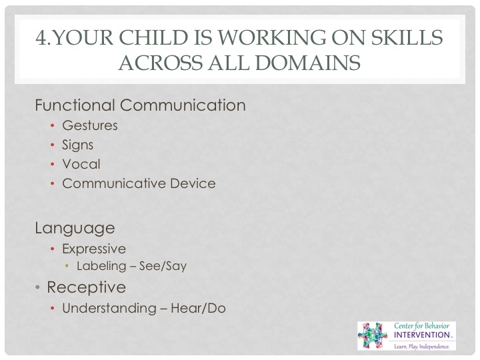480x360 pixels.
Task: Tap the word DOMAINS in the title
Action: pyautogui.click(x=307, y=63)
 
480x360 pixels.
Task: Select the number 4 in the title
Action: pyautogui.click(x=41, y=37)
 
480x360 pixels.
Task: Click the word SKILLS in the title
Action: pyautogui.click(x=407, y=37)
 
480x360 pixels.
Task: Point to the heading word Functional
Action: pyautogui.click(x=75, y=105)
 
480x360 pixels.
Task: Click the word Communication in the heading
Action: pyautogui.click(x=183, y=105)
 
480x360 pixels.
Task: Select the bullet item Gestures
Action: pyautogui.click(x=90, y=125)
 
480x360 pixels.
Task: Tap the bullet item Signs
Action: pyautogui.click(x=78, y=145)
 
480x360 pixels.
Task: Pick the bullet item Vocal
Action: pyautogui.click(x=81, y=164)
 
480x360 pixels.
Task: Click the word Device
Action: pyautogui.click(x=193, y=183)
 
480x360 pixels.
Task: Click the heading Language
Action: pyautogui.click(x=75, y=229)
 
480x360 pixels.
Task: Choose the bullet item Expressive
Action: pyautogui.click(x=94, y=249)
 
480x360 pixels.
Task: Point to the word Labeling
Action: pyautogui.click(x=101, y=266)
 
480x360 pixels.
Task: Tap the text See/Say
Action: pyautogui.click(x=163, y=266)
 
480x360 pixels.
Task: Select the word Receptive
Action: pyautogui.click(x=86, y=287)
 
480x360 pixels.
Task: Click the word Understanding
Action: pyautogui.click(x=109, y=308)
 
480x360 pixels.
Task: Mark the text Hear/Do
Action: pyautogui.click(x=198, y=308)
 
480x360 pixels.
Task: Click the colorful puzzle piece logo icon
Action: pyautogui.click(x=373, y=335)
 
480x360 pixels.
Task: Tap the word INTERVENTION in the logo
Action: pyautogui.click(x=421, y=335)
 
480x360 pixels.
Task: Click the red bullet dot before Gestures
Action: pyautogui.click(x=53, y=125)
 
